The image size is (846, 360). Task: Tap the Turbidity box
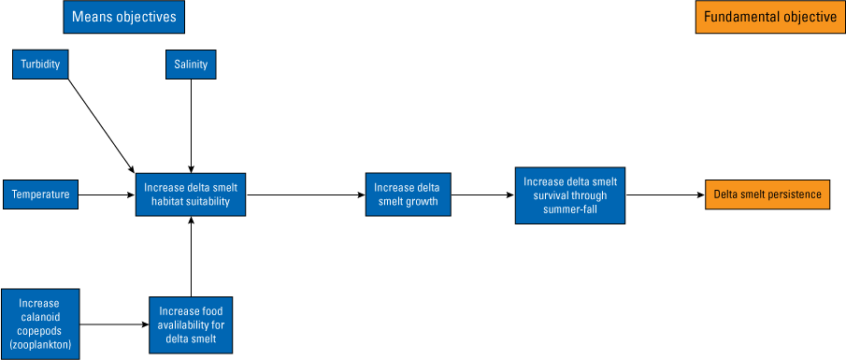(x=41, y=65)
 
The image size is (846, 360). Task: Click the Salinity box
(x=191, y=65)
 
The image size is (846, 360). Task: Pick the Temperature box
(x=40, y=195)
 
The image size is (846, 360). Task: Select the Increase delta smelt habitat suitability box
(x=191, y=194)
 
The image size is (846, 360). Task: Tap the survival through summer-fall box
(x=569, y=194)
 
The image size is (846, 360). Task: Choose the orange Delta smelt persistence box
(x=767, y=194)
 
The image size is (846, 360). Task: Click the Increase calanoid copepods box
(x=39, y=324)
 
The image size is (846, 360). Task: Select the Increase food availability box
(x=191, y=324)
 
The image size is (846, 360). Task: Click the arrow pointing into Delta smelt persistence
(x=665, y=195)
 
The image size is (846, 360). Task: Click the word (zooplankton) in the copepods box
(x=39, y=345)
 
